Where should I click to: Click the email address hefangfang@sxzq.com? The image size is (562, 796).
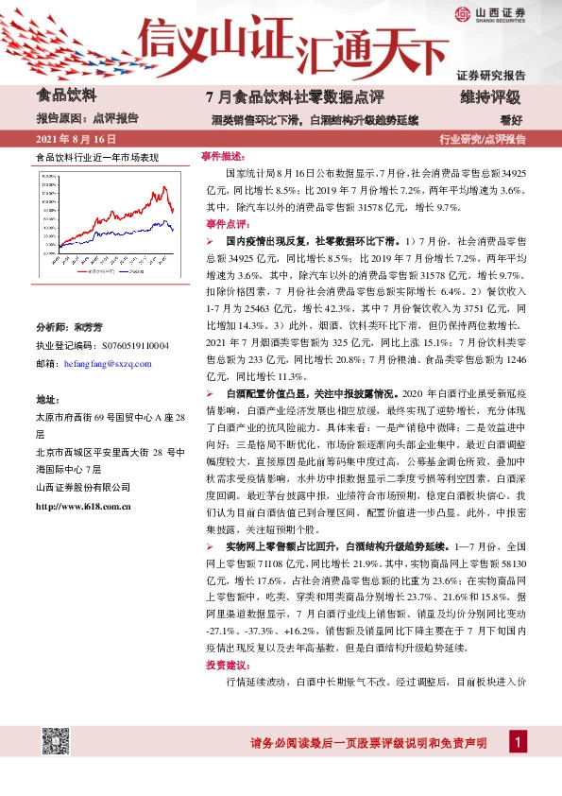pos(104,364)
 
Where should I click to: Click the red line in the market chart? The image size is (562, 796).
pos(151,201)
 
